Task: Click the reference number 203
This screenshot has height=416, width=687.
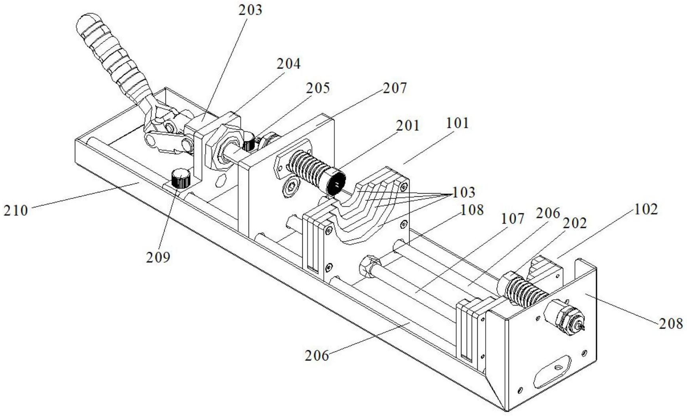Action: (250, 9)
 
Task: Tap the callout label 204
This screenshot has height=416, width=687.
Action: (288, 63)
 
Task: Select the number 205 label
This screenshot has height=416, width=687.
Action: (318, 87)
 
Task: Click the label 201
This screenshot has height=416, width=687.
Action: (408, 125)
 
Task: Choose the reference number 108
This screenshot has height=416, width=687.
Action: (472, 210)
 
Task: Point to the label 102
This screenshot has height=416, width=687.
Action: (646, 209)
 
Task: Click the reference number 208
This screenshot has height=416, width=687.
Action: (671, 323)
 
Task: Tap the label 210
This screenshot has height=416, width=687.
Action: (16, 210)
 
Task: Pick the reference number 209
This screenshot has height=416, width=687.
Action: (158, 257)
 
